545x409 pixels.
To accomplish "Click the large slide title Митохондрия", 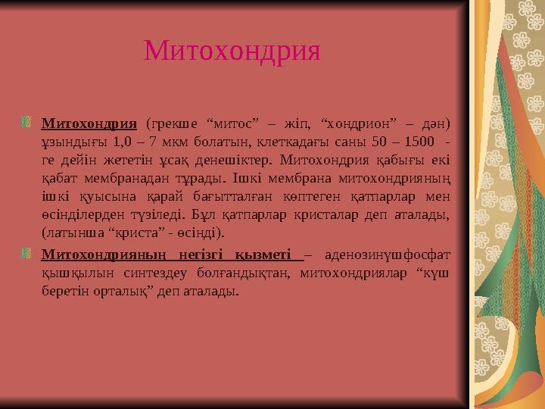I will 232,52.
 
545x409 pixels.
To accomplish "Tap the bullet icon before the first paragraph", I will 28,121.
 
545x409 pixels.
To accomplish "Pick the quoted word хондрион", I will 357,122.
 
